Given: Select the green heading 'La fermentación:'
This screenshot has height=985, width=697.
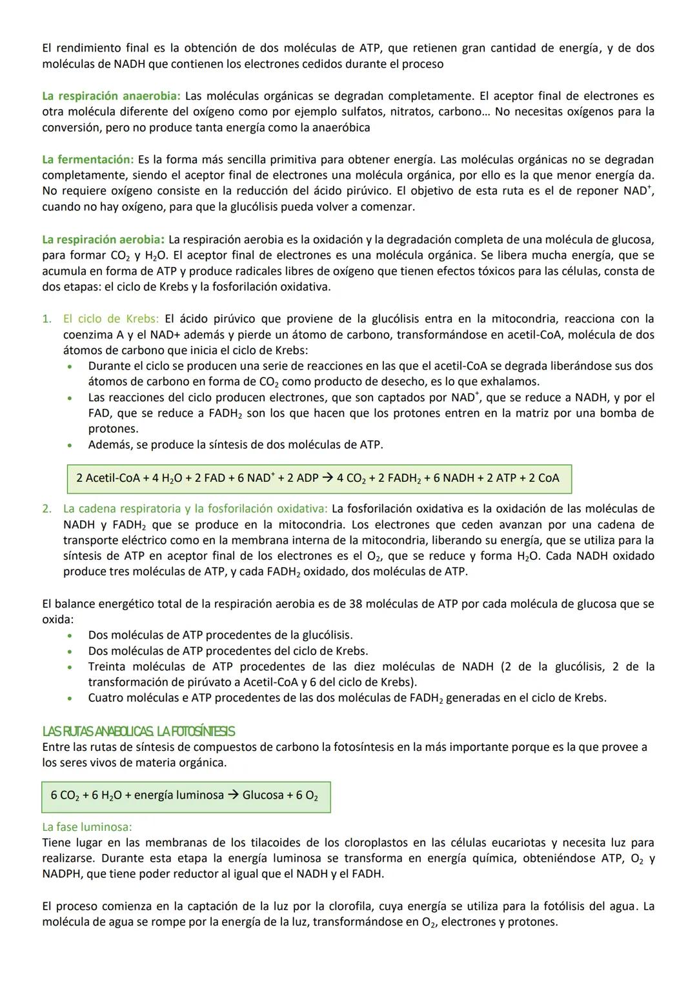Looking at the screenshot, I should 88,159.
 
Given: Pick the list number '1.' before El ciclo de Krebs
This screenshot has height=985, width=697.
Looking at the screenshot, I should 46,319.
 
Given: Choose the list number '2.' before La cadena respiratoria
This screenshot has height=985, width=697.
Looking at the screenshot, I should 46,509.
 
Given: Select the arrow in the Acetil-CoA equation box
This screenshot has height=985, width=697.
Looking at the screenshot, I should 327,478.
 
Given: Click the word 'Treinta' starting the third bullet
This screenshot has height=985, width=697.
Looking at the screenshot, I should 107,666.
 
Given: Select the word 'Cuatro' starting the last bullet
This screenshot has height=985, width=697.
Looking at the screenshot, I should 106,697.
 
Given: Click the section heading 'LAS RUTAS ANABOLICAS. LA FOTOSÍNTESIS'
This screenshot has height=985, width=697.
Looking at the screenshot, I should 138,731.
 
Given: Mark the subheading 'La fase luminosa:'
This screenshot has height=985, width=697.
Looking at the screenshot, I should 87,826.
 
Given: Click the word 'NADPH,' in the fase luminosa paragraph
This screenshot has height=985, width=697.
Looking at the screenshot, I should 65,873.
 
